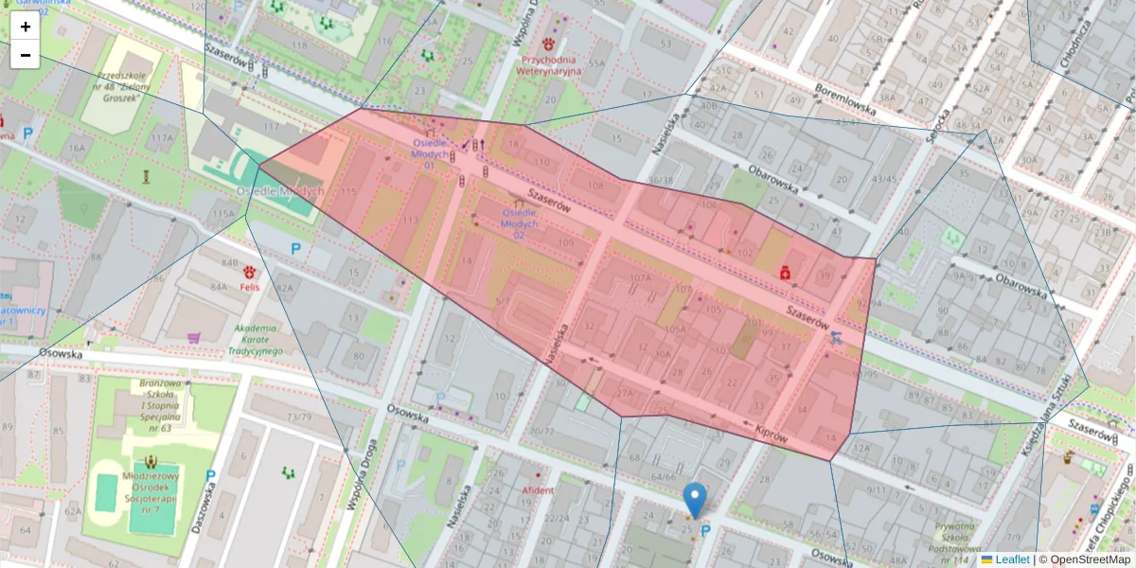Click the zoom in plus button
click(x=26, y=27)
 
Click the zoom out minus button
click(x=26, y=55)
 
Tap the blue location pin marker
click(x=695, y=499)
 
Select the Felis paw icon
click(x=250, y=272)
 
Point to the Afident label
click(x=538, y=490)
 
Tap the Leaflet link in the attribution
click(x=1011, y=559)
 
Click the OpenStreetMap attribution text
click(x=1086, y=559)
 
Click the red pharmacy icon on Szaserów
click(x=785, y=273)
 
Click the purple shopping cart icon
click(x=194, y=337)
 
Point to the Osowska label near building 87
click(x=60, y=353)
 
